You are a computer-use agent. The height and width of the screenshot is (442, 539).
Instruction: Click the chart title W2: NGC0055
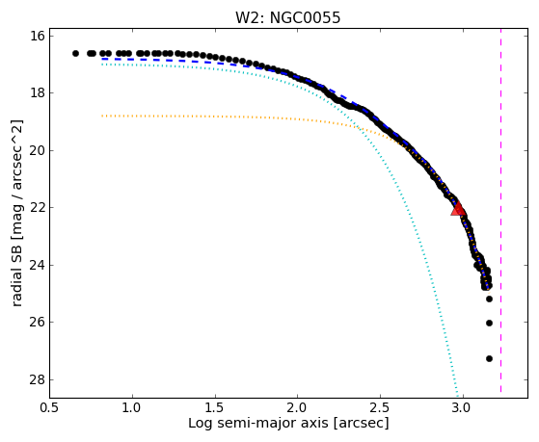pyautogui.click(x=287, y=18)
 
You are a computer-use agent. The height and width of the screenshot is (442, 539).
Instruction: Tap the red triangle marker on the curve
pyautogui.click(x=458, y=208)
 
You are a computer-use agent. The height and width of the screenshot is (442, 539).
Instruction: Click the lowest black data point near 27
pyautogui.click(x=489, y=359)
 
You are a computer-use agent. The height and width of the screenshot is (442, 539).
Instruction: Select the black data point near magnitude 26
pyautogui.click(x=489, y=324)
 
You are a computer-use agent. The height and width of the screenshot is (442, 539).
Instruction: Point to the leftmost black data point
pyautogui.click(x=75, y=53)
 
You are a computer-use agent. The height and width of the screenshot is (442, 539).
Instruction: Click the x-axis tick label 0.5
pyautogui.click(x=50, y=408)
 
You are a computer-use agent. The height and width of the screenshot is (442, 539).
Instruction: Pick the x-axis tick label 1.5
pyautogui.click(x=215, y=408)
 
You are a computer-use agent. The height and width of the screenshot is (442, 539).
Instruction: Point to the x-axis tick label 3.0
pyautogui.click(x=463, y=408)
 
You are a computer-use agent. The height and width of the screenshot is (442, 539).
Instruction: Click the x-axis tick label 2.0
pyautogui.click(x=297, y=408)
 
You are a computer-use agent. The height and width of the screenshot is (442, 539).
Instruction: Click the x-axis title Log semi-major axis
pyautogui.click(x=258, y=424)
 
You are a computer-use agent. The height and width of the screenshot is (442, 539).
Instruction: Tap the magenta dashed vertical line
pyautogui.click(x=500, y=211)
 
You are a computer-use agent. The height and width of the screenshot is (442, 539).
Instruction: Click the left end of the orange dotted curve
pyautogui.click(x=102, y=117)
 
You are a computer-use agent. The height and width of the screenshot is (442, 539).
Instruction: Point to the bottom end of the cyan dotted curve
pyautogui.click(x=458, y=395)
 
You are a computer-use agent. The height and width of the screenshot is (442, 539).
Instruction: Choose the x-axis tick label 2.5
pyautogui.click(x=380, y=408)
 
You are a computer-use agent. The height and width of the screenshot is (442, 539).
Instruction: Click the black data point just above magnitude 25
pyautogui.click(x=489, y=299)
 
